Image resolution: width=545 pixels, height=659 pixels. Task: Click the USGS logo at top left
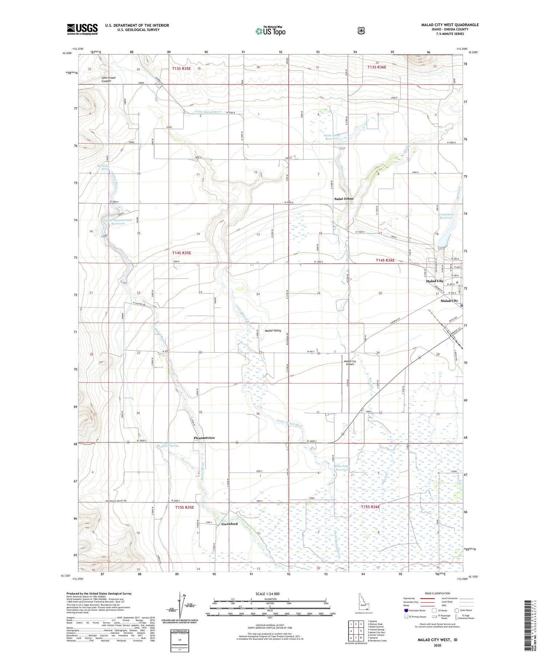82,29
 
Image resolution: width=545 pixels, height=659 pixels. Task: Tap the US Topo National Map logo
270,31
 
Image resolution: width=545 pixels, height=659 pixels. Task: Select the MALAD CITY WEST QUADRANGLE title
450,25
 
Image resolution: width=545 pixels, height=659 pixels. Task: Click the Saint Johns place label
344,199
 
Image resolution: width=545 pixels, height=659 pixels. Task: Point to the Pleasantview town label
204,438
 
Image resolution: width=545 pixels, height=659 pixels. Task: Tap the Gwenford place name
229,524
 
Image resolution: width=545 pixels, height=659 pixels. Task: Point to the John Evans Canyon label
111,80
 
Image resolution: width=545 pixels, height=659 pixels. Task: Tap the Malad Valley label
273,330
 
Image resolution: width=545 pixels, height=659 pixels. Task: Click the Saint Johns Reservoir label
331,137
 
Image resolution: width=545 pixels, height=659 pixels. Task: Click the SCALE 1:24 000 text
270,594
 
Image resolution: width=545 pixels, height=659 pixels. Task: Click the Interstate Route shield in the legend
406,610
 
